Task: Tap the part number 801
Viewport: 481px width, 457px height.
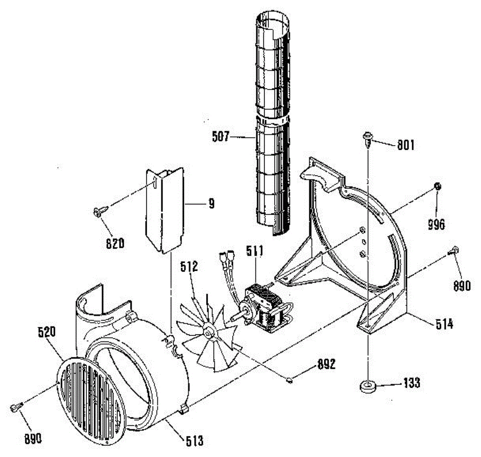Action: click(x=406, y=145)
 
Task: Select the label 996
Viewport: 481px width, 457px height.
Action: click(x=436, y=225)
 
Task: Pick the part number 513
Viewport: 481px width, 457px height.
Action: click(x=195, y=441)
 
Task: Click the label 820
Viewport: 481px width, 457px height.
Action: click(x=115, y=243)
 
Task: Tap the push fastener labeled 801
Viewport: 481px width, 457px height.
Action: click(x=367, y=138)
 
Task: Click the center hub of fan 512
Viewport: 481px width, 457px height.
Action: click(x=208, y=332)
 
